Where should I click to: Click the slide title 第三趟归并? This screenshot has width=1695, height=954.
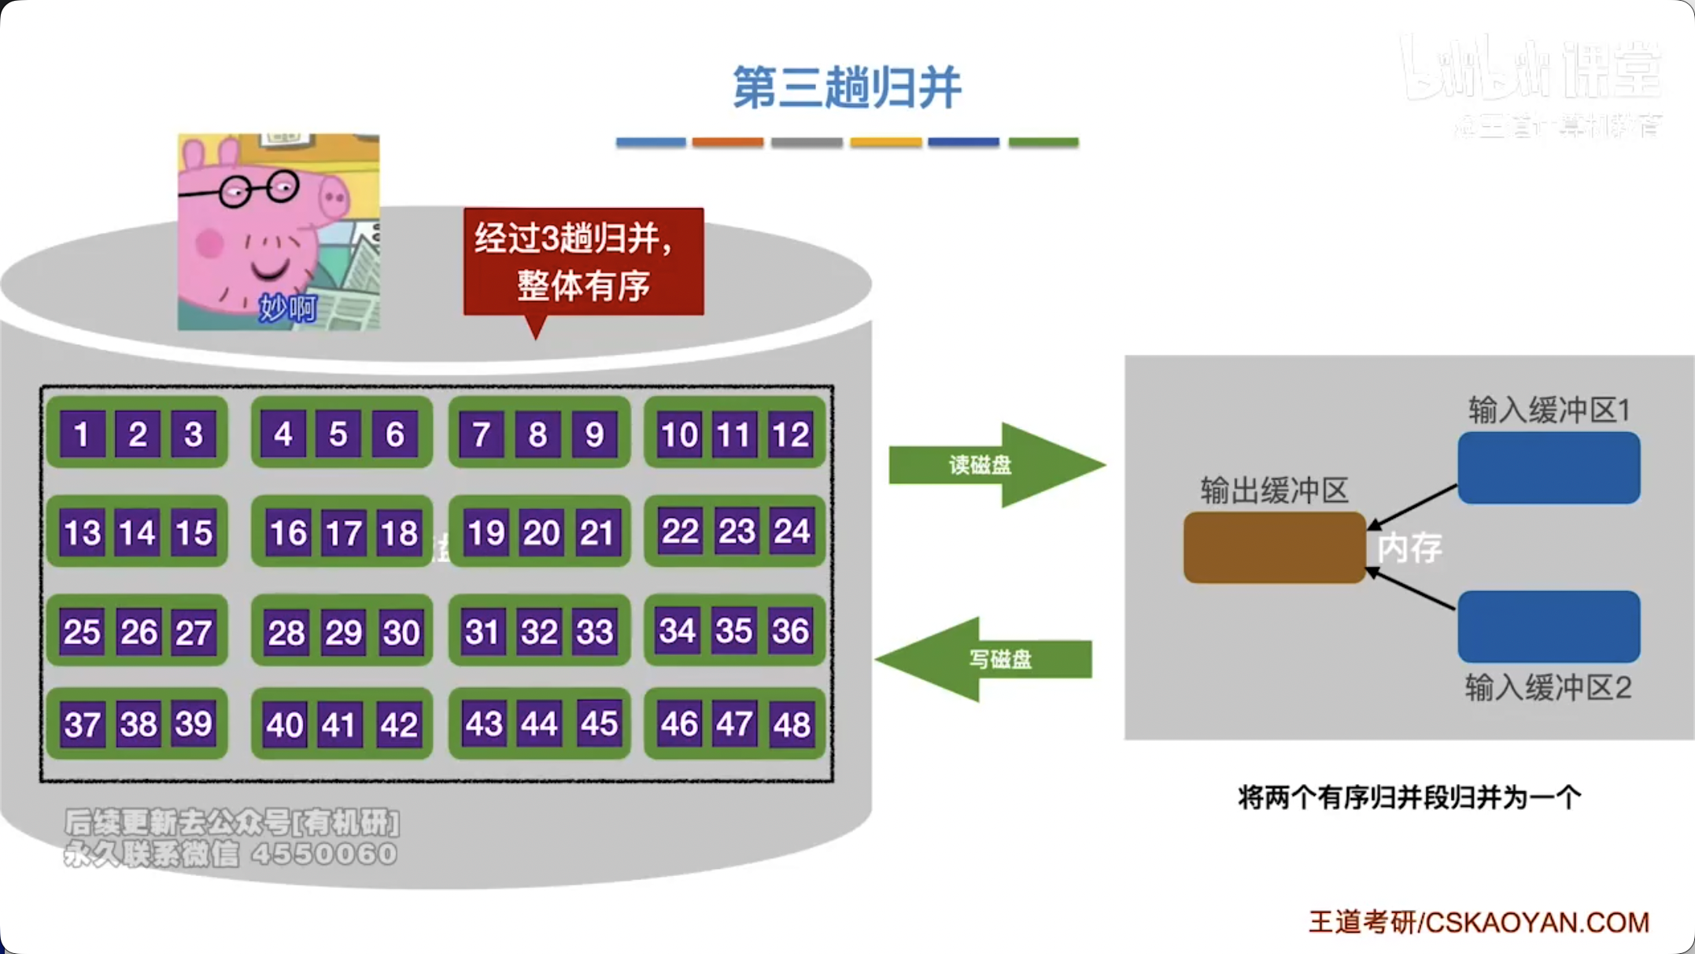tap(847, 87)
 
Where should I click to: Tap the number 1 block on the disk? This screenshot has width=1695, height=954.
tap(81, 434)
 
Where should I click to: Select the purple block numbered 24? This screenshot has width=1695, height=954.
tap(791, 531)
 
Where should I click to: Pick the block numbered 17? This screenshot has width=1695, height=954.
tap(343, 533)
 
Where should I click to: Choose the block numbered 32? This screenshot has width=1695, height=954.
tap(539, 631)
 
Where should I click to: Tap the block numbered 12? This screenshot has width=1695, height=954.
tap(791, 434)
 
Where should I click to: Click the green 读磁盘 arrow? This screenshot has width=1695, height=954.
tap(995, 464)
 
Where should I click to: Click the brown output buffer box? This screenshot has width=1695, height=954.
tap(1274, 548)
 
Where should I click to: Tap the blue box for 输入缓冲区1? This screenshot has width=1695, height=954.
tap(1549, 468)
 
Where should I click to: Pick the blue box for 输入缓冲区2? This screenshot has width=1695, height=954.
tap(1549, 627)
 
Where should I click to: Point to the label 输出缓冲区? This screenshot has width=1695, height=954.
tap(1274, 490)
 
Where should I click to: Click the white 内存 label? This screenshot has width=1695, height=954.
tap(1409, 548)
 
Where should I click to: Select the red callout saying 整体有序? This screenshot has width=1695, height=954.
tap(583, 262)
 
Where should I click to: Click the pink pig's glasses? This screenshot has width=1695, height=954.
tap(259, 189)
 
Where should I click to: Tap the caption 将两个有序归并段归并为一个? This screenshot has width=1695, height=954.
tap(1409, 797)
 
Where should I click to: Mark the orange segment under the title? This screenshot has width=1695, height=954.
tap(728, 142)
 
